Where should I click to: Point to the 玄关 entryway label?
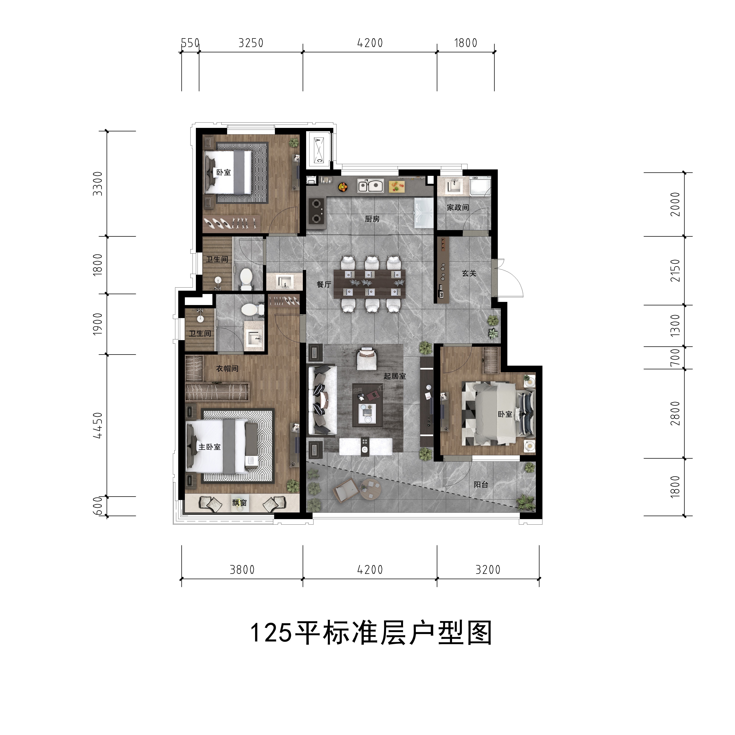pyautogui.click(x=469, y=273)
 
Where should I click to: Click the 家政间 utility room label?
pyautogui.click(x=458, y=207)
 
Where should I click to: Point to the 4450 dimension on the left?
pyautogui.click(x=98, y=425)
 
